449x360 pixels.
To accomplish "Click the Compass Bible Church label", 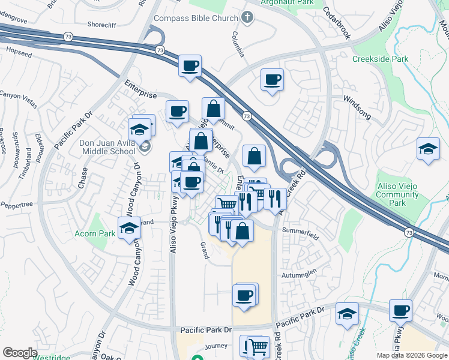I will (196, 18).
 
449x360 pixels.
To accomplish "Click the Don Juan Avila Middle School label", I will (107, 147).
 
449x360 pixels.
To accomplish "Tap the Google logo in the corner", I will (20, 352).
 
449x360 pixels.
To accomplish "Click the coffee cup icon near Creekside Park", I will (272, 79).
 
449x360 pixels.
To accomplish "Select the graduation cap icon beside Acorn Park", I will (129, 229).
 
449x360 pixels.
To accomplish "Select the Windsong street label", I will (357, 106).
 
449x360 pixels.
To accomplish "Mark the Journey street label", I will (216, 346).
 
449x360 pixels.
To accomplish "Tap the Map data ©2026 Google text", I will (412, 355).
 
